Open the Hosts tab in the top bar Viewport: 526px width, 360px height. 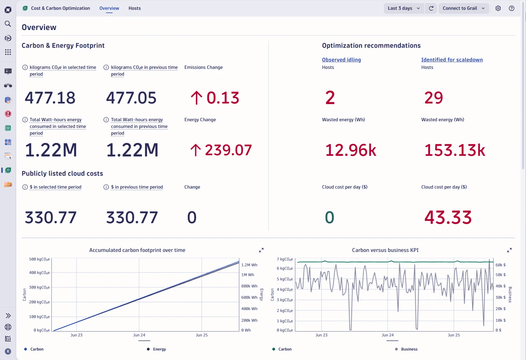click(135, 8)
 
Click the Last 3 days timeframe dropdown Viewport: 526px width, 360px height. click(404, 8)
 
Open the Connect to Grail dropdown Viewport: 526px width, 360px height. click(463, 8)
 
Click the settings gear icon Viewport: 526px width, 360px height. click(498, 8)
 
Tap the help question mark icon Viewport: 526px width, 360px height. click(512, 8)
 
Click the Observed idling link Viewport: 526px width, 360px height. click(341, 60)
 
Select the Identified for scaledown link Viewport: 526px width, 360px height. click(452, 60)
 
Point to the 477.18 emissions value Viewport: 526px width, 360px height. click(50, 98)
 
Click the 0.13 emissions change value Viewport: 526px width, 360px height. click(222, 98)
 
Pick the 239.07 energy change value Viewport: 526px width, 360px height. click(228, 150)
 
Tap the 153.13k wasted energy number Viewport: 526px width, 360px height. click(455, 150)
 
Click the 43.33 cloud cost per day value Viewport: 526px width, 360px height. click(448, 218)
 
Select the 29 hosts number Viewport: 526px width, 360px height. click(433, 98)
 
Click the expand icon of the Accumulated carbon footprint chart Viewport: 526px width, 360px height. click(261, 250)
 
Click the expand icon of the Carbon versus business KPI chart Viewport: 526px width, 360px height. click(509, 250)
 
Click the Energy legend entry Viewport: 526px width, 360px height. click(159, 349)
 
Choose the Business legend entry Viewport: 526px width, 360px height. click(409, 349)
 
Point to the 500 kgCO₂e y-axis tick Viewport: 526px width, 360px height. click(39, 259)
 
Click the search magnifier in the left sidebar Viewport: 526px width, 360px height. click(8, 24)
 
